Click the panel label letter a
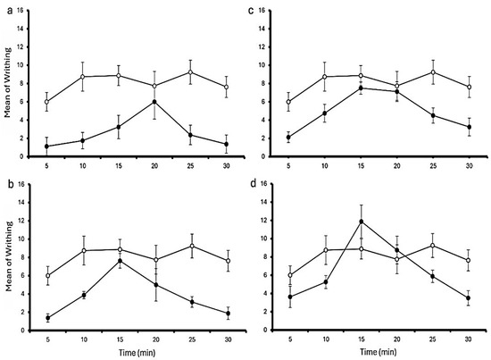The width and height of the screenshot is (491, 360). tap(11, 12)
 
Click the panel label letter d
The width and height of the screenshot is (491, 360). tap(253, 185)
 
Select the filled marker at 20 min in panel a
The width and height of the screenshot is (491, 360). tap(154, 102)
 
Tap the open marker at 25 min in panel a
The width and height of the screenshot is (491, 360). tap(190, 72)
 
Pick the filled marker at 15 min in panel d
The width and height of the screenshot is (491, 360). tap(362, 222)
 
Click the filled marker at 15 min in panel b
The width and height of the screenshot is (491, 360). tap(120, 261)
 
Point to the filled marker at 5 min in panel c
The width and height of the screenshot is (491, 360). tap(288, 138)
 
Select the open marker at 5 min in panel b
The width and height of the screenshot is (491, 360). tap(48, 276)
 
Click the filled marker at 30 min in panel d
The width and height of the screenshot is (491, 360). tap(469, 298)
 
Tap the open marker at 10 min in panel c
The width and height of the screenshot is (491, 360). tap(325, 77)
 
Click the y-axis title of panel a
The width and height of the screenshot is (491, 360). tap(8, 82)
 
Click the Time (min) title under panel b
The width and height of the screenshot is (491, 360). tap(137, 353)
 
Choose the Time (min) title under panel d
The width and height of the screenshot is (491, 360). tap(379, 352)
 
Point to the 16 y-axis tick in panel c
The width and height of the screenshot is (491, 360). tap(262, 11)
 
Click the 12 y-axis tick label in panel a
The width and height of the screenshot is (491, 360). tap(21, 47)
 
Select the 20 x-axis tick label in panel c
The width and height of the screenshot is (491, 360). tap(397, 166)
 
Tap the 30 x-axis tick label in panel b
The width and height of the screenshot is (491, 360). tap(228, 339)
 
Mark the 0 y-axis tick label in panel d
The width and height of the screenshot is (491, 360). tap(264, 330)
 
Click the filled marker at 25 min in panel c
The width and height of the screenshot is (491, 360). tap(433, 115)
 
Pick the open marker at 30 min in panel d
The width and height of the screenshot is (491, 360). tap(469, 260)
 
